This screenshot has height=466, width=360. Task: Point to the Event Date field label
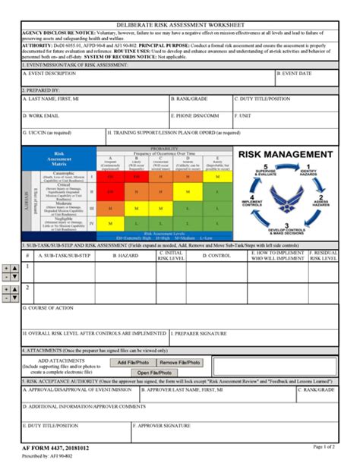point(292,74)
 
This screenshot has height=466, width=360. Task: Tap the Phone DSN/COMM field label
point(197,115)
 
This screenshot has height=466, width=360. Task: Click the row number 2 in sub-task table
point(27,288)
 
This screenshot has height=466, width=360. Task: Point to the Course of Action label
point(51,308)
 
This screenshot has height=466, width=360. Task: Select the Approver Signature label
point(163,426)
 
